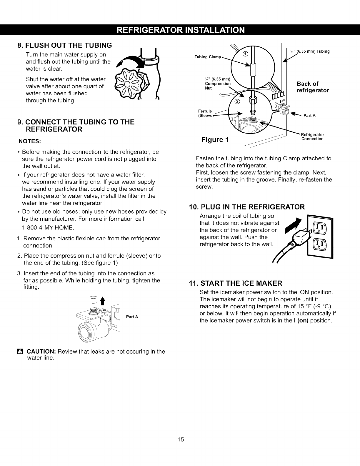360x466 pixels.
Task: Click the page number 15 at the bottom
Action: [180, 440]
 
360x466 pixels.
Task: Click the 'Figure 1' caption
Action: [215, 139]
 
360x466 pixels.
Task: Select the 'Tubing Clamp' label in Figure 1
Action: [207, 57]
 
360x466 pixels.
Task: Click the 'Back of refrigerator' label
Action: [313, 87]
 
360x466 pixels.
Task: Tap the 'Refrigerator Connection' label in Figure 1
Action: [313, 137]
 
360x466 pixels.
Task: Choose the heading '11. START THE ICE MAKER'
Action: [235, 283]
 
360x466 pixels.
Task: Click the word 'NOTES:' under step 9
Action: [30, 141]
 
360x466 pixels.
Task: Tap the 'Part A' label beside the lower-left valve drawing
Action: [132, 317]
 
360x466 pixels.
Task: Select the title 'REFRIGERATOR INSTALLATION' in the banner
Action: [180, 30]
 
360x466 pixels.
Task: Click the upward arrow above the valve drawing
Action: [103, 302]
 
